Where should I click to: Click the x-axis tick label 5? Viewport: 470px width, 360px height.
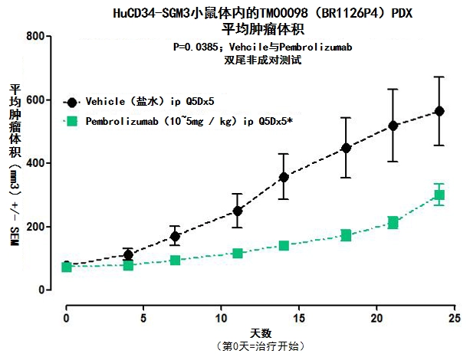[x=144, y=316]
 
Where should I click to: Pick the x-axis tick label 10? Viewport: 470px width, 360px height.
[x=222, y=316]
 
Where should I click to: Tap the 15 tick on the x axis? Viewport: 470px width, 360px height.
[x=300, y=316]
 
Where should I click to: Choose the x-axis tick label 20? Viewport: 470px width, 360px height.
[x=377, y=316]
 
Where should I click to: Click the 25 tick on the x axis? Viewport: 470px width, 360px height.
[x=455, y=316]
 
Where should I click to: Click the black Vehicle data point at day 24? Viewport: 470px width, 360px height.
[x=439, y=111]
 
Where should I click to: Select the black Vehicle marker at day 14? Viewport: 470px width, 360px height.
[x=284, y=177]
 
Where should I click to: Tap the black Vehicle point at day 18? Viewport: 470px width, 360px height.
[x=346, y=148]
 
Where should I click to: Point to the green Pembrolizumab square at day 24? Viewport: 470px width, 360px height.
[x=439, y=195]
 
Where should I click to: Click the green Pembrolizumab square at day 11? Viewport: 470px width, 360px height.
[x=238, y=253]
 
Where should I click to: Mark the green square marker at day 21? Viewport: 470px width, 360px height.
[x=393, y=223]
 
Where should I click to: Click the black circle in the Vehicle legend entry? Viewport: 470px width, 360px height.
[x=72, y=101]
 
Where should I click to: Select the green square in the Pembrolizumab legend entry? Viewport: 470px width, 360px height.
[x=72, y=120]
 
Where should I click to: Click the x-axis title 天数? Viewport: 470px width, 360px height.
[x=261, y=332]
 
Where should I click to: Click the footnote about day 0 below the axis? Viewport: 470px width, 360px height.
[x=261, y=346]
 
